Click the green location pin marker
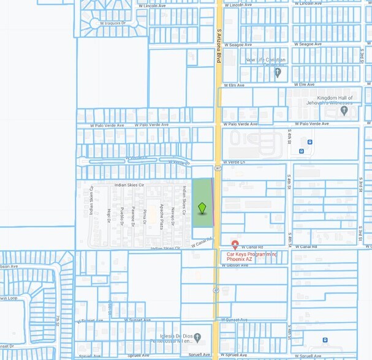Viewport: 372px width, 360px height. [x=202, y=208]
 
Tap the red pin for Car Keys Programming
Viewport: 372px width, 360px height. [x=235, y=245]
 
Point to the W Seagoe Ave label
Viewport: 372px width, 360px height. [x=238, y=45]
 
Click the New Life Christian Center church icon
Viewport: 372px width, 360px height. [x=277, y=73]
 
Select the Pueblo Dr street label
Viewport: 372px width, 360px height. [x=122, y=217]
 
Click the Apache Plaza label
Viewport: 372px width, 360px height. [x=161, y=216]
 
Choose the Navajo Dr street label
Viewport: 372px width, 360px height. [x=173, y=216]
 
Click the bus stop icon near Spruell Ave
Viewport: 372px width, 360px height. [x=325, y=340]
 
